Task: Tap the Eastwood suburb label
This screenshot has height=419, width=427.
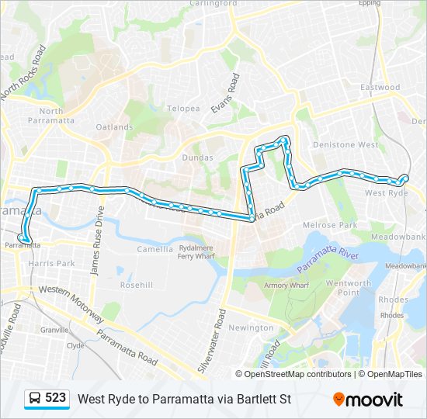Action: [380, 88]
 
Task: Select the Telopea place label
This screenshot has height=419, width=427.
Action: [183, 109]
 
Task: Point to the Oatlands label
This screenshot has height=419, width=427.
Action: [114, 126]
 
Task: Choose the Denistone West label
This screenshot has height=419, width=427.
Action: [345, 145]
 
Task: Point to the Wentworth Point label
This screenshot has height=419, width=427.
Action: [348, 288]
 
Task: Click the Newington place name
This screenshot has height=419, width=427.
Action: [252, 327]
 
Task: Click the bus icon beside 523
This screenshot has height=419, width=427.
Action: [36, 399]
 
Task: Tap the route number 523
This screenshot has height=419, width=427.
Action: [55, 398]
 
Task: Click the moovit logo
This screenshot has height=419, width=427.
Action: [368, 400]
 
